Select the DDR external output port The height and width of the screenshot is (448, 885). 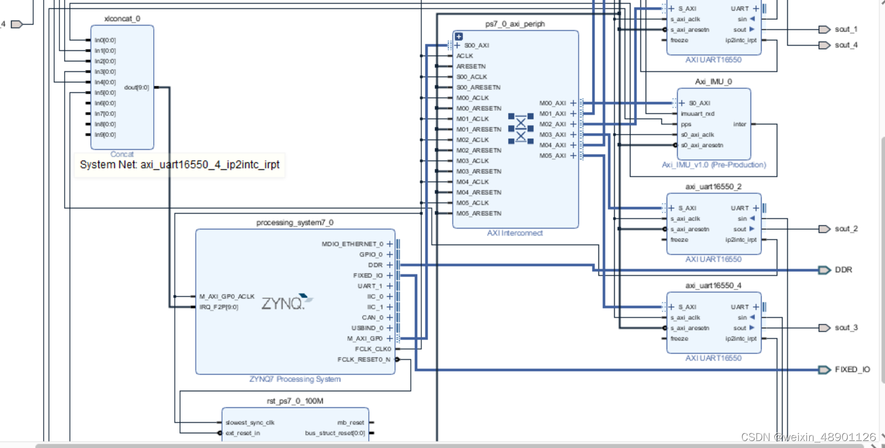point(824,270)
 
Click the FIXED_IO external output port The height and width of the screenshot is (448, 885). point(824,370)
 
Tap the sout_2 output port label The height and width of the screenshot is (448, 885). point(845,229)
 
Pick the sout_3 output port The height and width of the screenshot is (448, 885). point(824,328)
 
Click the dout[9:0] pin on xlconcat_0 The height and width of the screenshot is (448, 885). point(137,87)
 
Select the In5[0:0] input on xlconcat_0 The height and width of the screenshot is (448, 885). point(105,93)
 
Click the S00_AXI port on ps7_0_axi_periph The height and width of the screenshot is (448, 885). point(476,45)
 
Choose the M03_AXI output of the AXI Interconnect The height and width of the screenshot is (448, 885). point(552,135)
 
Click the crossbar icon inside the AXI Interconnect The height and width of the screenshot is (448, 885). point(520,128)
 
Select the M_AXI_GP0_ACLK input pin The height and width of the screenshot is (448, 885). point(226,296)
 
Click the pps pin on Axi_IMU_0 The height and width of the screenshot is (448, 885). point(686,124)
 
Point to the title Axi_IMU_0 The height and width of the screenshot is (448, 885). point(713,82)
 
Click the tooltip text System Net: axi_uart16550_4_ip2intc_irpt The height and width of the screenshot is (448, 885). point(179,165)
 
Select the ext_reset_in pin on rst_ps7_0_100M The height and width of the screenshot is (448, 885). point(242,433)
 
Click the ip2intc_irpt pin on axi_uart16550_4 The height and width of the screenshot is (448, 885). point(742,338)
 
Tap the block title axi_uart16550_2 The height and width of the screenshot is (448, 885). point(713,187)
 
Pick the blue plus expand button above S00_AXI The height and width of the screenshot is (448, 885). point(459,36)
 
